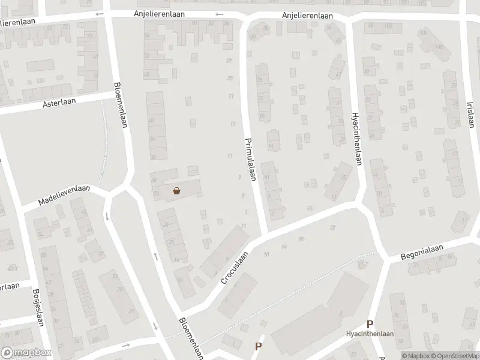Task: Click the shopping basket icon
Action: [x=177, y=191]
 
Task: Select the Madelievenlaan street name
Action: [x=64, y=195]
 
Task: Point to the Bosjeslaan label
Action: [x=37, y=305]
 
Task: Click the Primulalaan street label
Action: [x=251, y=160]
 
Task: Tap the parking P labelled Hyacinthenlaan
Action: [x=370, y=324]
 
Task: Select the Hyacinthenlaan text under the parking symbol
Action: [x=370, y=335]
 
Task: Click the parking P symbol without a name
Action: [x=259, y=346]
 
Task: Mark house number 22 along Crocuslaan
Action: [x=332, y=228]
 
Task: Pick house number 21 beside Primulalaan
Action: [x=230, y=96]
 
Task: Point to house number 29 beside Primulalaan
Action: [x=229, y=61]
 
